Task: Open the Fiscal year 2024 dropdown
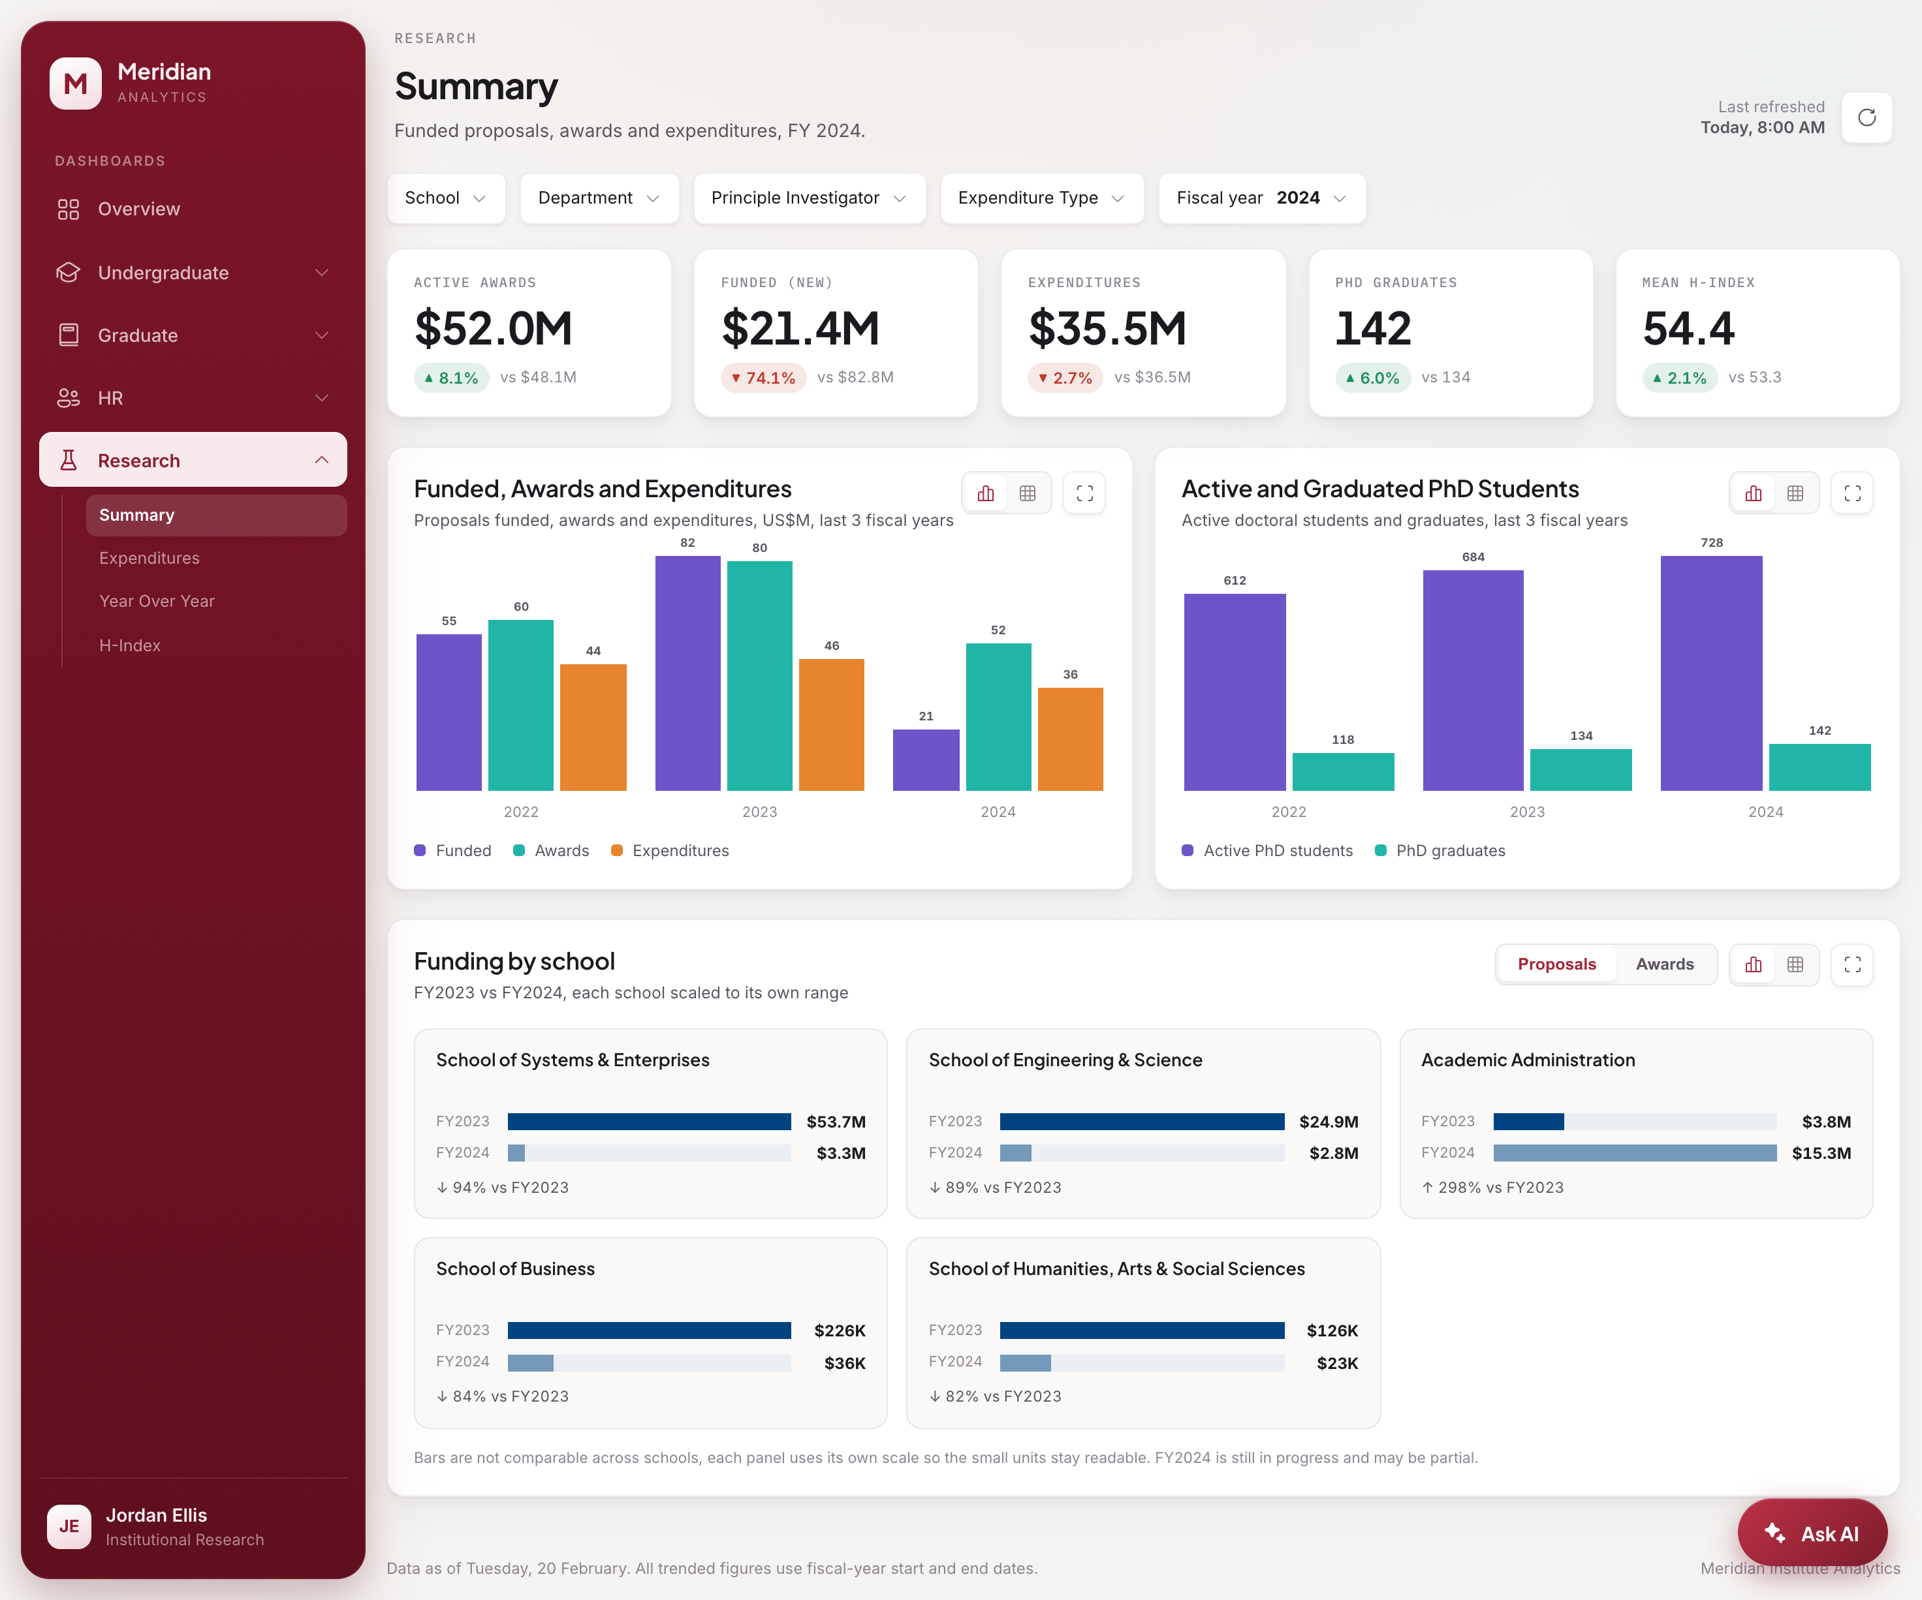click(1261, 198)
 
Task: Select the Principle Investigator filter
click(809, 198)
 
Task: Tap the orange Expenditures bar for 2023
click(831, 724)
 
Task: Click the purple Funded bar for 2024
click(926, 760)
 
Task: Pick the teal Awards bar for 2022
click(521, 705)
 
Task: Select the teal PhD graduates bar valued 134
click(1581, 769)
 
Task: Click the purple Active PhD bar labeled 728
click(1710, 673)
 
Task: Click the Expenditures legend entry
click(670, 851)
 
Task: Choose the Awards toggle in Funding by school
click(1664, 964)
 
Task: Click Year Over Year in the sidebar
click(157, 601)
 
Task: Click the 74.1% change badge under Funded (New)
click(763, 378)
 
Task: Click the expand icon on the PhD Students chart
click(1851, 493)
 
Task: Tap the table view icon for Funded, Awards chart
click(1028, 493)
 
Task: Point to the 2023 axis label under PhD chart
click(1526, 812)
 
